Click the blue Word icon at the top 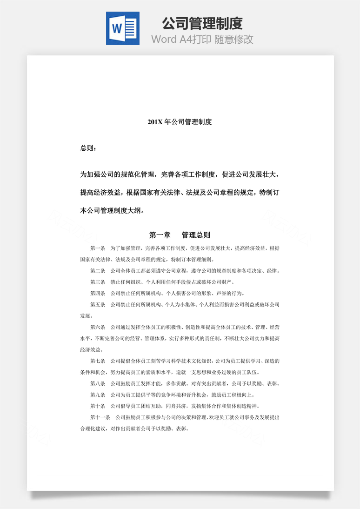(x=122, y=28)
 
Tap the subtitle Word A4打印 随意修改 (x=202, y=39)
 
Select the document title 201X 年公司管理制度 (x=180, y=122)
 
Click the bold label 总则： (x=88, y=148)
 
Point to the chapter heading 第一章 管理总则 (x=180, y=235)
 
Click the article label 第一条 (x=98, y=248)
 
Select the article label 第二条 (x=98, y=271)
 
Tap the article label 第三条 (x=98, y=282)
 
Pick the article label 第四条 (x=98, y=293)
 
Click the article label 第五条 (x=98, y=305)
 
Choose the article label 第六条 (x=98, y=327)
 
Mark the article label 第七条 (x=98, y=361)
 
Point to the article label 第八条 (x=98, y=383)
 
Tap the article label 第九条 (x=98, y=395)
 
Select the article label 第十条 (x=98, y=406)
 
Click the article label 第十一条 (x=100, y=417)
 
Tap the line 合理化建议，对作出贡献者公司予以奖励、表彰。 (x=134, y=429)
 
